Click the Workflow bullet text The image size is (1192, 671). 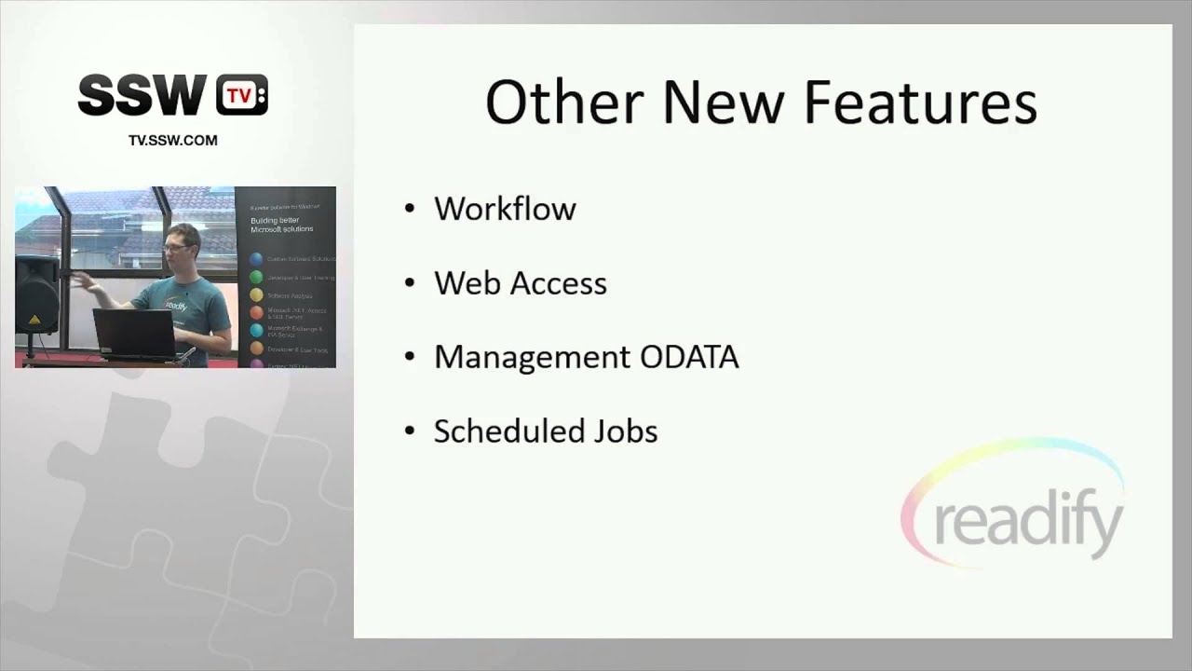pyautogui.click(x=505, y=209)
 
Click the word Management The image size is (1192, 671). pyautogui.click(x=530, y=358)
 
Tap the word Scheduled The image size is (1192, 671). pyautogui.click(x=508, y=431)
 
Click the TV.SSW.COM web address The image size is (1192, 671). pyautogui.click(x=172, y=141)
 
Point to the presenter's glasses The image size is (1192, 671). pyautogui.click(x=174, y=246)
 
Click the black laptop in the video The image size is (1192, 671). pyautogui.click(x=135, y=335)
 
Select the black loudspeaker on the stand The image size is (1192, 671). pyautogui.click(x=37, y=294)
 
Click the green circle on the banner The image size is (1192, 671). pyautogui.click(x=256, y=278)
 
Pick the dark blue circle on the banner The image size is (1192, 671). pyautogui.click(x=256, y=258)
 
